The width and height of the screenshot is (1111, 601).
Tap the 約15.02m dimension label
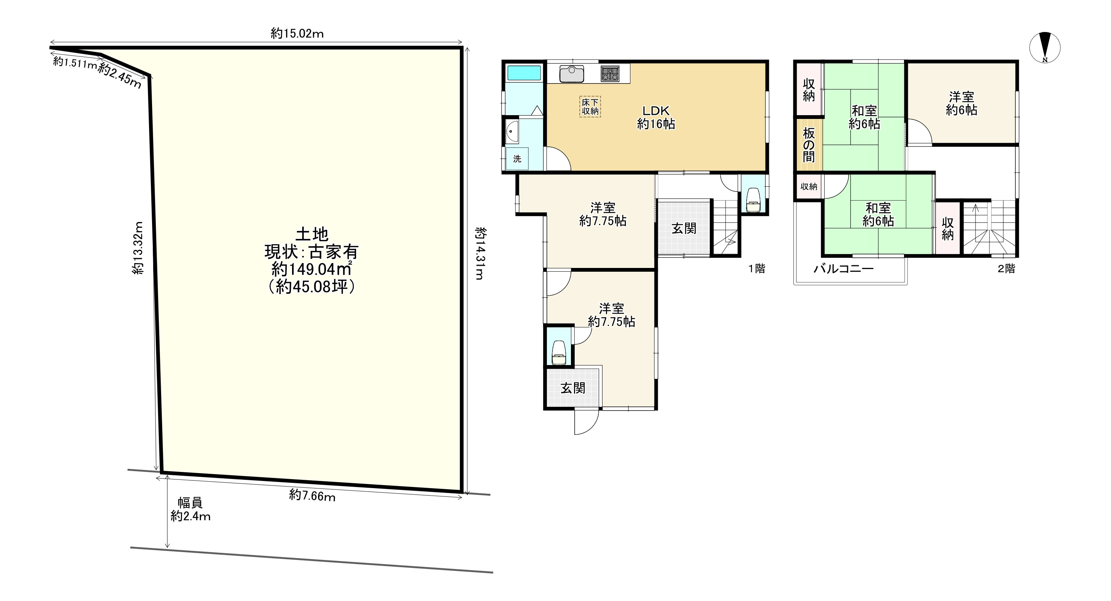(297, 33)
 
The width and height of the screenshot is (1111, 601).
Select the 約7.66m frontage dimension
(312, 495)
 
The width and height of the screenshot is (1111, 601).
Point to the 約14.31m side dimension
(479, 254)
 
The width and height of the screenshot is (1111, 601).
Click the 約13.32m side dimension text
(138, 248)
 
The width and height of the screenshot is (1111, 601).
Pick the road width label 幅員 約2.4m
(190, 509)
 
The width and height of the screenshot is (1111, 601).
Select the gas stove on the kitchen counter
(610, 73)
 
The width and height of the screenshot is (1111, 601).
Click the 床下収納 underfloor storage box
(590, 107)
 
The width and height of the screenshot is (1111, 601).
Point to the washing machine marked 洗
(517, 159)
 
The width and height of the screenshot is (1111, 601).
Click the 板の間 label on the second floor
(809, 145)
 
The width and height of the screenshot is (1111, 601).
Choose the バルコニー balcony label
(844, 269)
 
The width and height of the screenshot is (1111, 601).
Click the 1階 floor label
(756, 269)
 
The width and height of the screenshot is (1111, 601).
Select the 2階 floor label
(1006, 269)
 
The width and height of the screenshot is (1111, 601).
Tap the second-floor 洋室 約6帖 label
(961, 103)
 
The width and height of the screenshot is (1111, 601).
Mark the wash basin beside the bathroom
(512, 131)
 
